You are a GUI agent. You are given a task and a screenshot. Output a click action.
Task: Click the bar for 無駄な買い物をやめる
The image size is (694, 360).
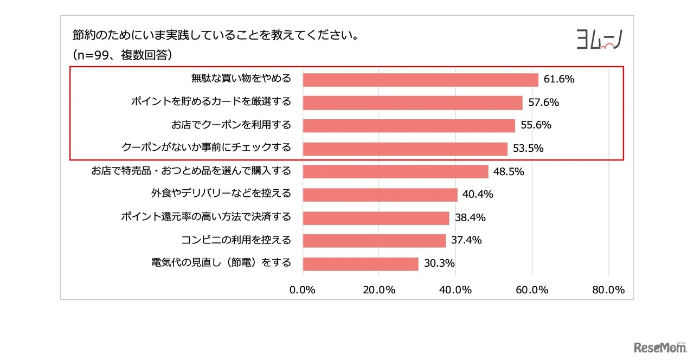[420, 80]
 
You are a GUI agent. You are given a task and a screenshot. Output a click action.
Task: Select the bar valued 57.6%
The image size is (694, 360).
[413, 102]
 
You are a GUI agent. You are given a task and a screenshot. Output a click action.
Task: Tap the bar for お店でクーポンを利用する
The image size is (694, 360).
[409, 125]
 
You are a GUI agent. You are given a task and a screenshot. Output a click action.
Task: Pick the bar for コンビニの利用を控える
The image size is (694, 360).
[374, 240]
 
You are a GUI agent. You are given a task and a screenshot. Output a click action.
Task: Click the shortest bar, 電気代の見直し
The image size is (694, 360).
[361, 263]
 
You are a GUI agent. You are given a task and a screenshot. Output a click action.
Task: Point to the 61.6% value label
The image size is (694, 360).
[558, 79]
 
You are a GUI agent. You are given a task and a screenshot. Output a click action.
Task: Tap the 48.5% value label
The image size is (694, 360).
[509, 172]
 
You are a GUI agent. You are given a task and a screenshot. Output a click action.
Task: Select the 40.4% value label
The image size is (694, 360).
[478, 194]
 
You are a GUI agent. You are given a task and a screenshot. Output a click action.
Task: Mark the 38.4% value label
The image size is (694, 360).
[470, 217]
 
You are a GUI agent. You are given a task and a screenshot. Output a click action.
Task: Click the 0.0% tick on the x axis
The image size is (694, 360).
[303, 290]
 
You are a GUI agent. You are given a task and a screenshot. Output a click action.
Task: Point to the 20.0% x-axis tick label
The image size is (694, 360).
[379, 290]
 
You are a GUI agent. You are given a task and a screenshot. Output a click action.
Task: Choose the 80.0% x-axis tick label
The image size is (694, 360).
[608, 290]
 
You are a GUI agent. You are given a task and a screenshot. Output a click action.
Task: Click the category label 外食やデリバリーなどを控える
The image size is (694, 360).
[221, 193]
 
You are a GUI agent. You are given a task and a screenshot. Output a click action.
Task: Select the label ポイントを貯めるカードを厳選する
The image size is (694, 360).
[211, 101]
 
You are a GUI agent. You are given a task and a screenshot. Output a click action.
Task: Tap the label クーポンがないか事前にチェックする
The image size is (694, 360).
[206, 147]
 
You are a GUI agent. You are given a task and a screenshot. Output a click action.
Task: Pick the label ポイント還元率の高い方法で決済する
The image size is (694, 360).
[205, 217]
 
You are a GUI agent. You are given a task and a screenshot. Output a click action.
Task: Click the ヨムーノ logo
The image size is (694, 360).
[599, 40]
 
